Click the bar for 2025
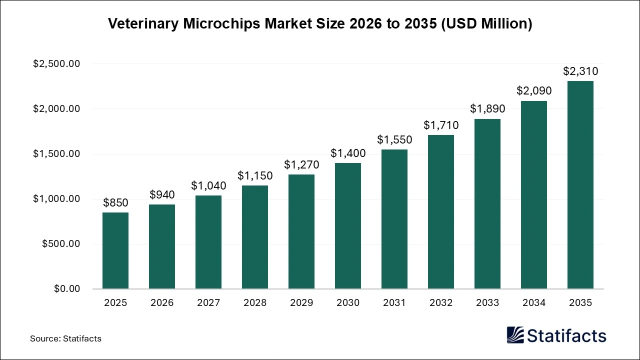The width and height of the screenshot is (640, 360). coord(115,250)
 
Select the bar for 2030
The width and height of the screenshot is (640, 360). coord(348,226)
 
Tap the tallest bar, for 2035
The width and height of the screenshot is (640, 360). coord(580,185)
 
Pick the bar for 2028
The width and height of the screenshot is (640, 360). coord(255,237)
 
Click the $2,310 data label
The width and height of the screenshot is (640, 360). coord(580,71)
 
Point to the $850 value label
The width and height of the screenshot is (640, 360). coord(115,203)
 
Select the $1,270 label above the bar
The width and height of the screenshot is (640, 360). coord(301,164)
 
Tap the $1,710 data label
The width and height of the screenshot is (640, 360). coord(441,125)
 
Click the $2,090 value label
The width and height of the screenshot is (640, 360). coord(534,91)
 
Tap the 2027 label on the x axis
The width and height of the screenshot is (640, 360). coord(208,303)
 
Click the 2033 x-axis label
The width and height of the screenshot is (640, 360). coord(487,303)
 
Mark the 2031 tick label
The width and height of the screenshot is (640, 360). coord(394,303)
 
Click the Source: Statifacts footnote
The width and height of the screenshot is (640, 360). coord(65,338)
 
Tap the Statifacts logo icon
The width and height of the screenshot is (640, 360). coord(515,335)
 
